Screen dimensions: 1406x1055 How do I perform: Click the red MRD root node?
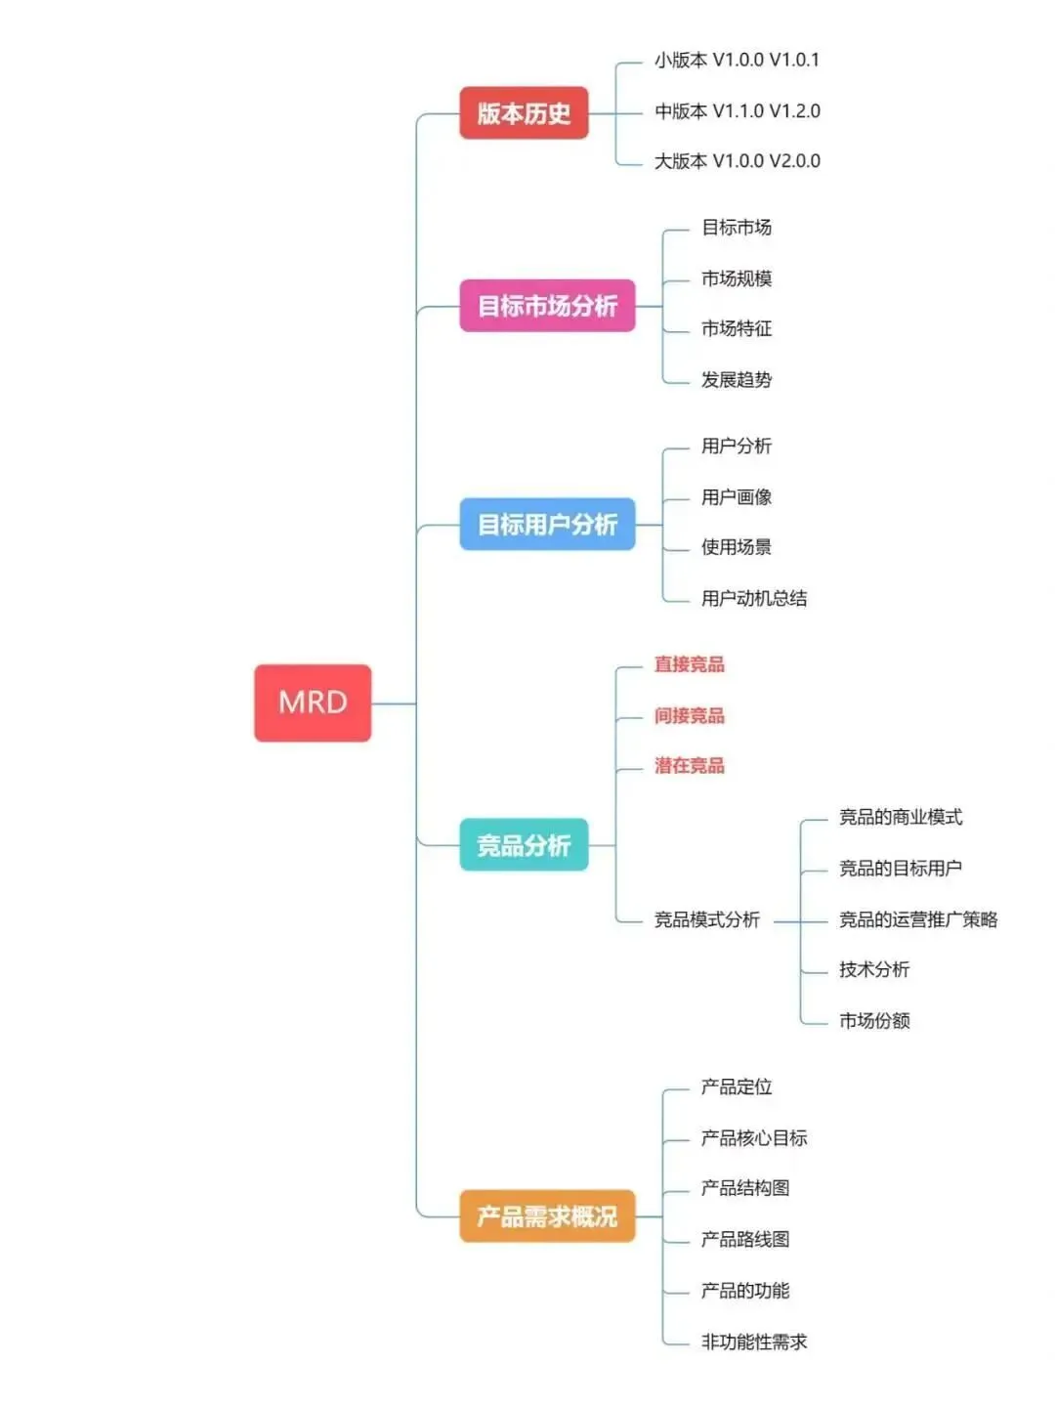pos(313,703)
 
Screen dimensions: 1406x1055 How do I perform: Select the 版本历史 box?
pos(524,113)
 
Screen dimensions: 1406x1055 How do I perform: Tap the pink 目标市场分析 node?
pos(547,306)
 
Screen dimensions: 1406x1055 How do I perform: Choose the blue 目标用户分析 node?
pos(547,525)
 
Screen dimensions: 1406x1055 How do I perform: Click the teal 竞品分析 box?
pos(524,845)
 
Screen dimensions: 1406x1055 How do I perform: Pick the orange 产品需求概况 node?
pos(547,1216)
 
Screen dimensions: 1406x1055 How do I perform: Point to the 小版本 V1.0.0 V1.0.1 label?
pos(737,61)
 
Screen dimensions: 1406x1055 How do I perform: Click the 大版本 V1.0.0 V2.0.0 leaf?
pos(737,161)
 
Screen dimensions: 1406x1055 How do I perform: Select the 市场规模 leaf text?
pos(737,278)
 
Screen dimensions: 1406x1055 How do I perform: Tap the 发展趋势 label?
pos(737,380)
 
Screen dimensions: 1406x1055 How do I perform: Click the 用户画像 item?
pos(737,497)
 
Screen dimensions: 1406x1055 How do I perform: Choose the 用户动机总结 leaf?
pos(754,599)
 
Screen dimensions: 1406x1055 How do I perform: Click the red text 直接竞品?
pos(690,664)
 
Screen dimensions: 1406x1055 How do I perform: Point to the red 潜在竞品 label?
pos(690,766)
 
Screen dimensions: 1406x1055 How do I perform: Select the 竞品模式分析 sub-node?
pos(707,919)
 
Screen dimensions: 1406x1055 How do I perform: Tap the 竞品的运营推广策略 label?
pos(918,919)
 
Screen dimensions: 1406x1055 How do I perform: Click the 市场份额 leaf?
pos(874,1021)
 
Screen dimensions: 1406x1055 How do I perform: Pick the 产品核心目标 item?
pos(754,1138)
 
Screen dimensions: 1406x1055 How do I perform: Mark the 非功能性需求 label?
pos(754,1342)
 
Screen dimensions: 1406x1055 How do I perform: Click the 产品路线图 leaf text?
pos(745,1240)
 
